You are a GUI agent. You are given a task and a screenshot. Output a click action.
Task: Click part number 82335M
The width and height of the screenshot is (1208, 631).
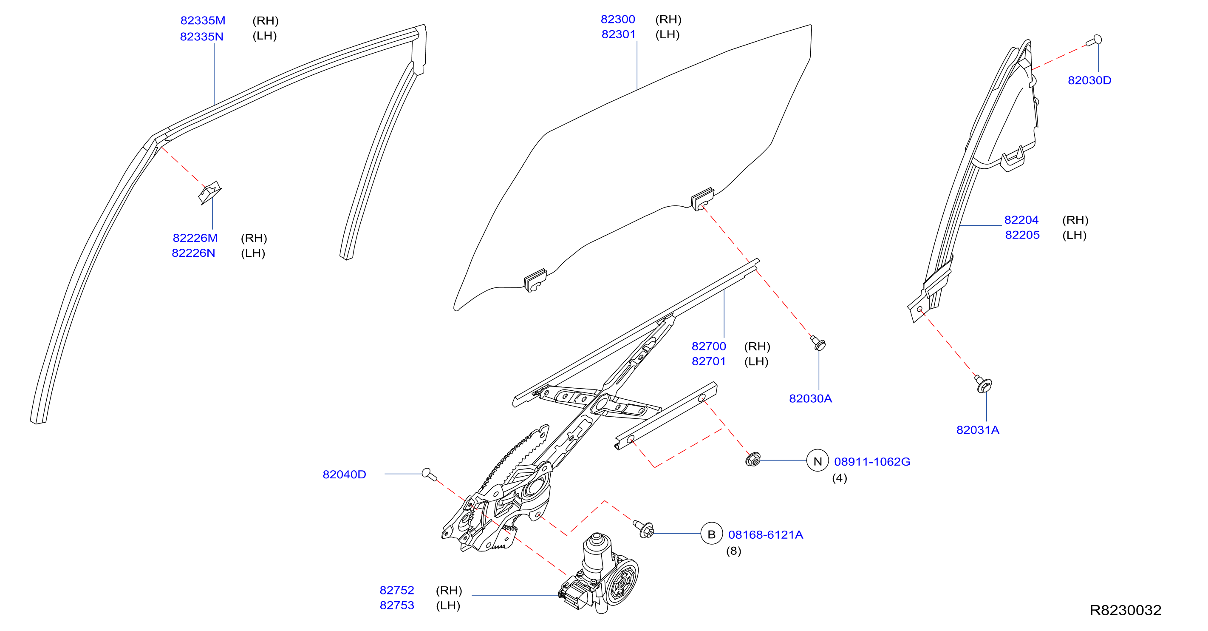(x=203, y=21)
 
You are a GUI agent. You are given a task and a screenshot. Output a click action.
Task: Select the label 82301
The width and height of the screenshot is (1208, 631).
(x=619, y=34)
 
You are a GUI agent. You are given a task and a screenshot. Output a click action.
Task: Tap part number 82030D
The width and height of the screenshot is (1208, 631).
(x=1089, y=80)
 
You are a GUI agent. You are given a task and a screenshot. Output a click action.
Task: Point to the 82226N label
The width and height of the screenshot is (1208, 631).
(x=193, y=253)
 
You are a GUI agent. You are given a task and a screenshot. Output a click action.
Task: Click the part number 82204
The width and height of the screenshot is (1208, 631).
(x=1021, y=220)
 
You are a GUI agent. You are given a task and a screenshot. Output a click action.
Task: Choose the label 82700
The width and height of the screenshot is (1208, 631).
(x=709, y=346)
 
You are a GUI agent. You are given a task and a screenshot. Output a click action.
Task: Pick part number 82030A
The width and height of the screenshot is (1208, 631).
(x=810, y=398)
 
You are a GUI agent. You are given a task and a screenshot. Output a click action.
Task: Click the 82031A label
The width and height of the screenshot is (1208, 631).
(x=978, y=430)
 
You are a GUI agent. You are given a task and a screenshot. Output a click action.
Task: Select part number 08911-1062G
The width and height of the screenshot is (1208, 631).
(x=872, y=462)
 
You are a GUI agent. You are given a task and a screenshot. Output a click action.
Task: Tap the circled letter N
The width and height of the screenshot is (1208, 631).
(x=818, y=461)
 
